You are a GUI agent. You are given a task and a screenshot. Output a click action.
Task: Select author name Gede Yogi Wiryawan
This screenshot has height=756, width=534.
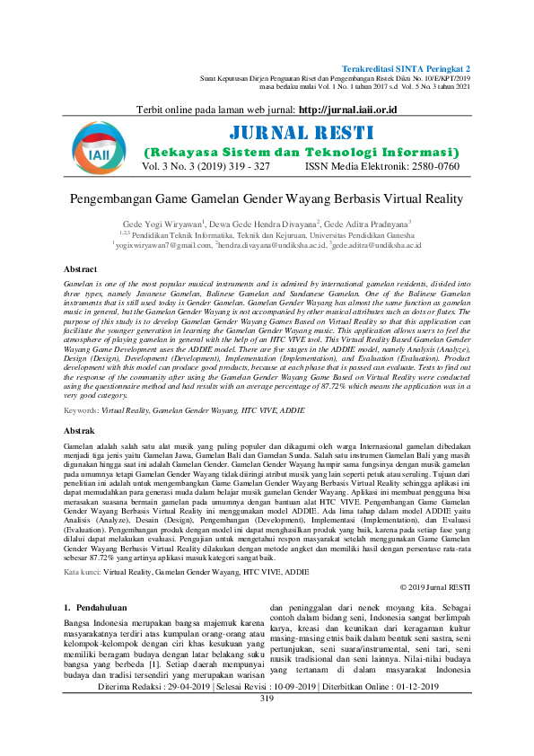163,223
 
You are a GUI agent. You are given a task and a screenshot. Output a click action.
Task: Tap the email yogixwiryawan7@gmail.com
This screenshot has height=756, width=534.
162,244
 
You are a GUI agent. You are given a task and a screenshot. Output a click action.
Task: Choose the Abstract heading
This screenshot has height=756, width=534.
81,269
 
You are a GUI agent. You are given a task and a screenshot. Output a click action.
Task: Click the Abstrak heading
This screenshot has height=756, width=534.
80,432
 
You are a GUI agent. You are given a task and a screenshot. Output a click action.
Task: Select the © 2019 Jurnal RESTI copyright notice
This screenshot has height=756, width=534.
433,586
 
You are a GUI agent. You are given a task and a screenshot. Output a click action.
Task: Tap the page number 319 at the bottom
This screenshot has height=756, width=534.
267,748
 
